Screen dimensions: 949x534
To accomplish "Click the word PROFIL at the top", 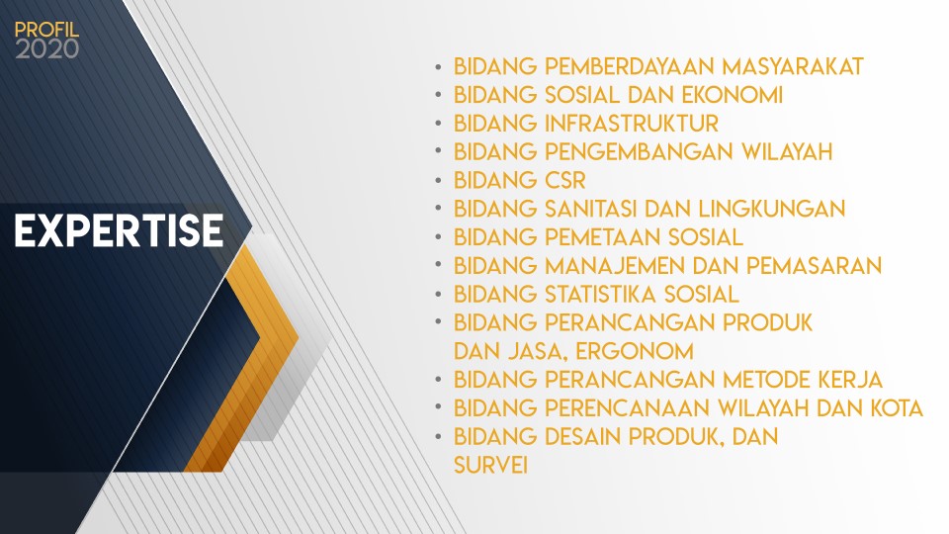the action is [46, 30].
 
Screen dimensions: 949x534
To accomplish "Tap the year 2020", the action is [46, 49].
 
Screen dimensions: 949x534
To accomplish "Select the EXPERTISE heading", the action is [120, 230].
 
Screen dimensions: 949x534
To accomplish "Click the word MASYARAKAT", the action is [793, 66].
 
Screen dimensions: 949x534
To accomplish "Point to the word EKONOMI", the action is [732, 95].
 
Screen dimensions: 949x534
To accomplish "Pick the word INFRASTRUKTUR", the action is [632, 124].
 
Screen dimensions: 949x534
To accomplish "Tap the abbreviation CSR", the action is [565, 180].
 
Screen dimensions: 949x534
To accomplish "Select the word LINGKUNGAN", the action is [772, 209].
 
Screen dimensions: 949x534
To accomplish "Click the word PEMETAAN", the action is [603, 237].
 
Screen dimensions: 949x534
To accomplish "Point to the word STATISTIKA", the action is [600, 295].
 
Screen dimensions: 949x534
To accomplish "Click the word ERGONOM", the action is [635, 351].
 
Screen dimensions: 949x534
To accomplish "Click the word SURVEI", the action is [491, 465].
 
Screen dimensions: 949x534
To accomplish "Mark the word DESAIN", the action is [583, 436].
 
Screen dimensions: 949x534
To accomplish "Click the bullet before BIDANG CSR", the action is [438, 180].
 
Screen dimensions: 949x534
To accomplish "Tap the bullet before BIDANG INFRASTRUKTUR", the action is [438, 123].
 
